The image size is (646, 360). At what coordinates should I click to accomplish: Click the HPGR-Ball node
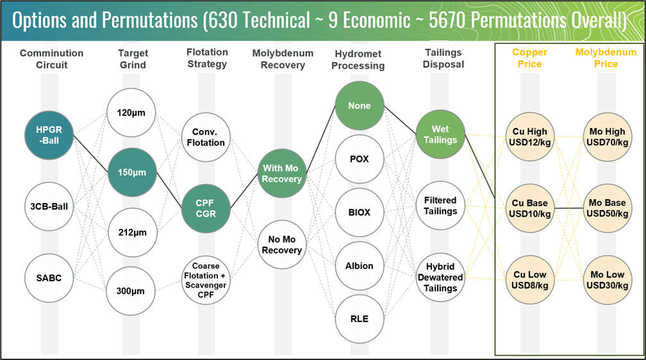[x=49, y=135]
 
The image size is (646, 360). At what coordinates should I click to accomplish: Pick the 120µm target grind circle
[x=131, y=113]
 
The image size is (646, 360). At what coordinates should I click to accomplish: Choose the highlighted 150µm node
[x=132, y=172]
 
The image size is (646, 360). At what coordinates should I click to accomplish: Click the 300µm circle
[x=131, y=291]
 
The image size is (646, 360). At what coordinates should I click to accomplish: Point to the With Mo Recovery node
[x=281, y=174]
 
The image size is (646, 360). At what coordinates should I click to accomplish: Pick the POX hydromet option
[x=359, y=159]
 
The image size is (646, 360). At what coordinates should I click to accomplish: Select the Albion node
[x=359, y=265]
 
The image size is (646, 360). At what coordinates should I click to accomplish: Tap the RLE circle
[x=359, y=318]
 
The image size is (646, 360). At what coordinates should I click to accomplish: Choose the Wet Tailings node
[x=440, y=135]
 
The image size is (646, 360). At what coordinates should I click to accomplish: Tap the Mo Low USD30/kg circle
[x=607, y=279]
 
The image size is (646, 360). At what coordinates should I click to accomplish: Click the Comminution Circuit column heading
[x=51, y=58]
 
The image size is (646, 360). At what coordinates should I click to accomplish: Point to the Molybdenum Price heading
[x=606, y=58]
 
